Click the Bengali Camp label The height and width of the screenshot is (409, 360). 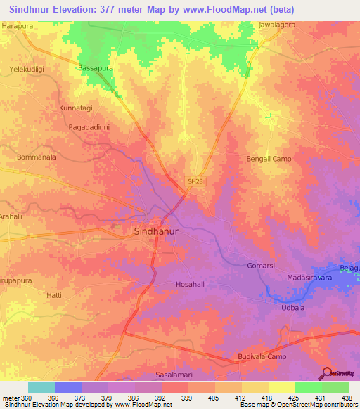pyautogui.click(x=269, y=159)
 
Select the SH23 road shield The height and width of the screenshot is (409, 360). pyautogui.click(x=195, y=181)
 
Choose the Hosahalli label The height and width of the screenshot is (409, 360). pyautogui.click(x=191, y=285)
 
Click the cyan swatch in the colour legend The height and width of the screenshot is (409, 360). pyautogui.click(x=41, y=387)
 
